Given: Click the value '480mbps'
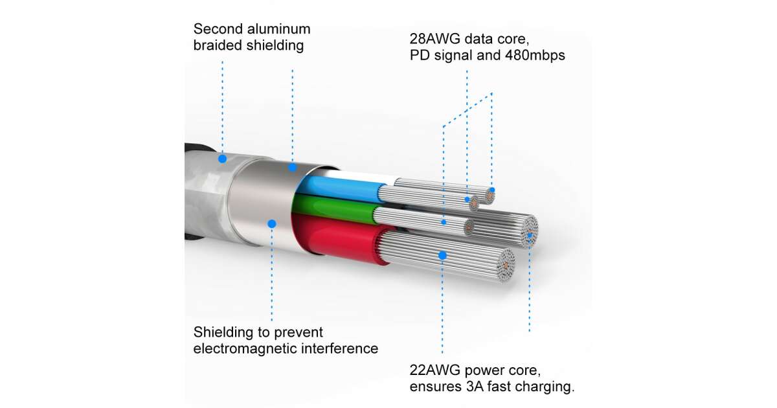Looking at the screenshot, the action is tap(535, 55).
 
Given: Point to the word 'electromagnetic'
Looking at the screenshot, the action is tap(245, 348).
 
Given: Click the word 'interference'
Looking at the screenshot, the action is tap(339, 348).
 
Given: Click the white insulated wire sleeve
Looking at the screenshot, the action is tap(361, 176).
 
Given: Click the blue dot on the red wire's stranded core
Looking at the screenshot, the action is tap(442, 256).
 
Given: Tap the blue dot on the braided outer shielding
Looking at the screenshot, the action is tap(222, 159).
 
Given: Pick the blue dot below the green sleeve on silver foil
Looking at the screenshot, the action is tap(272, 224).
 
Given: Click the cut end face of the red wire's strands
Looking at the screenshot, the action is tap(506, 266).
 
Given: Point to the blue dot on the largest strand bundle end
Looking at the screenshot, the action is tap(530, 235).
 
